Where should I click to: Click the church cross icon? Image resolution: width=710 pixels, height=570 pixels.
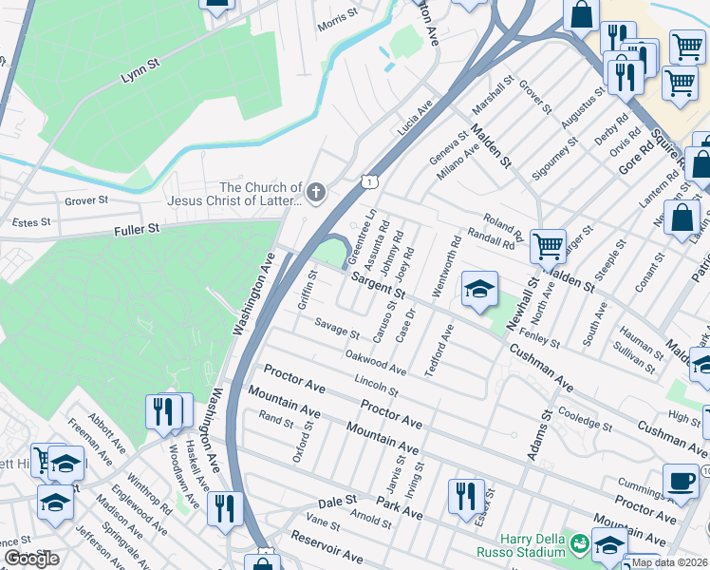tap(316, 194)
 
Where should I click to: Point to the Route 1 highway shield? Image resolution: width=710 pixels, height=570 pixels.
tap(370, 180)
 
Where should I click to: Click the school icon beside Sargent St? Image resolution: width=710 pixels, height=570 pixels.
tap(480, 289)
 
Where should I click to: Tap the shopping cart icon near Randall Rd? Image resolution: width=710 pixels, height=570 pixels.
tap(548, 246)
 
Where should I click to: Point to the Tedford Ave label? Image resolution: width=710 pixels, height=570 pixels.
tap(439, 350)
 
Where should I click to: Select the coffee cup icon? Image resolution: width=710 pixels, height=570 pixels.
tap(680, 480)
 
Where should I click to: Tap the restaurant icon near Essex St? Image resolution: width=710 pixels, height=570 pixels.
tap(466, 494)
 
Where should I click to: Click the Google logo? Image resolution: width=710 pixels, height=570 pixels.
tap(31, 558)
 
